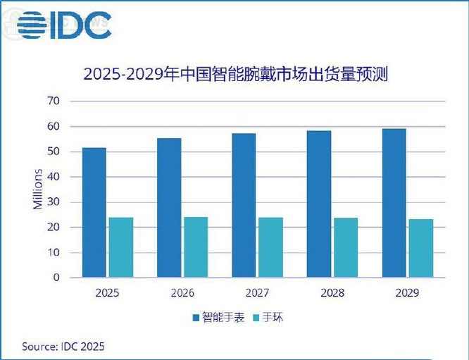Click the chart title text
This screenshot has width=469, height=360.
point(236,73)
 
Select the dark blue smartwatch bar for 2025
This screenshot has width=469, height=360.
point(94,212)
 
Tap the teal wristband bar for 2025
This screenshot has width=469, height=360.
point(121,247)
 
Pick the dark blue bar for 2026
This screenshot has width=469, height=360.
point(169,207)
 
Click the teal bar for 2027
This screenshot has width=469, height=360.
point(270,247)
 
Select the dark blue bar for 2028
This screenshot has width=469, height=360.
point(319,204)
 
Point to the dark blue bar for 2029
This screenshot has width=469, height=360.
point(394,203)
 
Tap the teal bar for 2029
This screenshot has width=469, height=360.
point(420,248)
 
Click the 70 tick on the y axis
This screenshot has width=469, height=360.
point(55,101)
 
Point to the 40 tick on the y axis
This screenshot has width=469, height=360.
point(55,177)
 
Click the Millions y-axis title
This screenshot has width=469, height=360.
point(38,189)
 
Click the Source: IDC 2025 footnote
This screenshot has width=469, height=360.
point(67,347)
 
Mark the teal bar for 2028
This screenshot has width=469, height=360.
point(345,247)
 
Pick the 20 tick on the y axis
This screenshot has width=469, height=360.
point(55,228)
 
